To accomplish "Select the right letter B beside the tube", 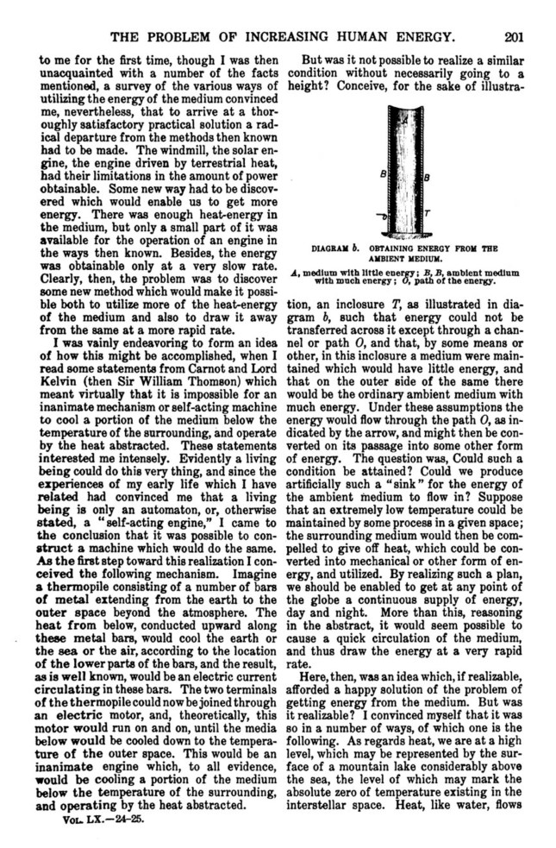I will coord(427,177).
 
